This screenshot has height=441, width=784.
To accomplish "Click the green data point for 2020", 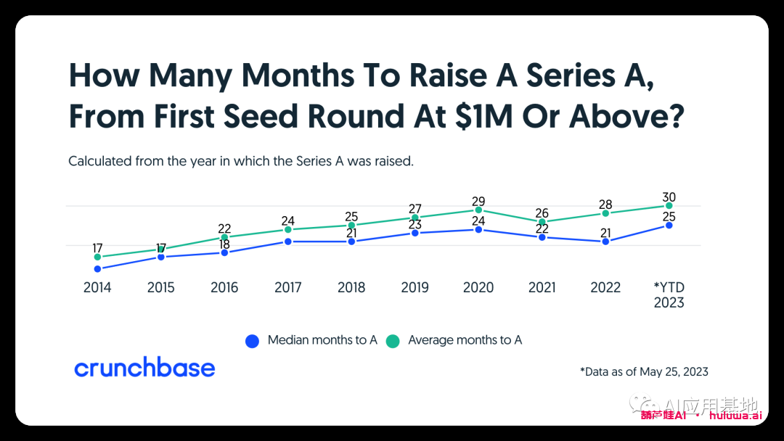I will (478, 210).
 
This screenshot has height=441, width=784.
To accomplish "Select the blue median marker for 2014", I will (97, 269).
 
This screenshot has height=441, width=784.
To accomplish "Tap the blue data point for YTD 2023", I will (669, 226).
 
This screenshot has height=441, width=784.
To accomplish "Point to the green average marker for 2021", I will (542, 222).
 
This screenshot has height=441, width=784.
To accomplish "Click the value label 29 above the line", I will (478, 201).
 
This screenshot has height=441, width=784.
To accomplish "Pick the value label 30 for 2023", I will (669, 197).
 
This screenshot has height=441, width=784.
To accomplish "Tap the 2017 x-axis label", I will (288, 288).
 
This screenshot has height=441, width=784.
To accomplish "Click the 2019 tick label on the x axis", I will (415, 288).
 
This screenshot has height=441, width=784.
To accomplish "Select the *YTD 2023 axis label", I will (669, 295).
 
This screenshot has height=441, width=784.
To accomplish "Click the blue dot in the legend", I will (252, 341).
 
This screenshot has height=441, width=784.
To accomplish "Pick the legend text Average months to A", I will (465, 340).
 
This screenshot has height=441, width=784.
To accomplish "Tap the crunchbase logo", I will (144, 368).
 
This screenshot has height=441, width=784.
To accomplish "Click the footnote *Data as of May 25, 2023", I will (644, 372).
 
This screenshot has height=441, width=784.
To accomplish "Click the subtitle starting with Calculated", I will (240, 161).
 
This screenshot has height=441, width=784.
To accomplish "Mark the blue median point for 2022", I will (605, 242).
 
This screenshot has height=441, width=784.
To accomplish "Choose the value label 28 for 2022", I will (605, 204).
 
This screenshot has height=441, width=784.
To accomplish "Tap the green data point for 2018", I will (351, 226).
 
